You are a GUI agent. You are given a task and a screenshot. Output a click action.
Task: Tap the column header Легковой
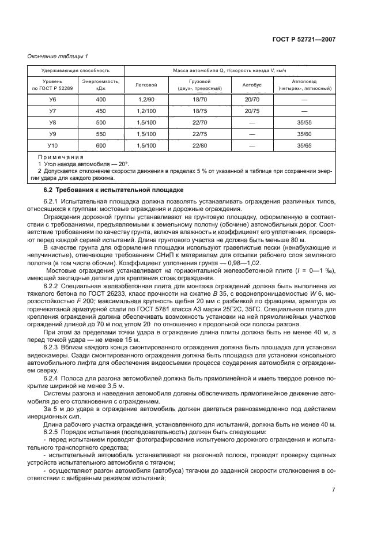146,85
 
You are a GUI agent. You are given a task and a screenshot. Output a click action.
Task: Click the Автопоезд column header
304,85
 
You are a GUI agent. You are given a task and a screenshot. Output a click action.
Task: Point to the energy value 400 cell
101,100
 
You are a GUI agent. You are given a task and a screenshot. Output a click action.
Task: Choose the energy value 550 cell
101,134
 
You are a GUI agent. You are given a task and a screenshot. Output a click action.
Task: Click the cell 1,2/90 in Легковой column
146,100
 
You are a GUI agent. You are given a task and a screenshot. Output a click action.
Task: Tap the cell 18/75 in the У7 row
199,111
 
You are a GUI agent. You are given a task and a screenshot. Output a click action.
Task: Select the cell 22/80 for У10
199,146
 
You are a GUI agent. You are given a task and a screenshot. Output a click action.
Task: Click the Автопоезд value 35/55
304,123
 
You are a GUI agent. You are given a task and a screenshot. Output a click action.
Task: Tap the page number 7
333,490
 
